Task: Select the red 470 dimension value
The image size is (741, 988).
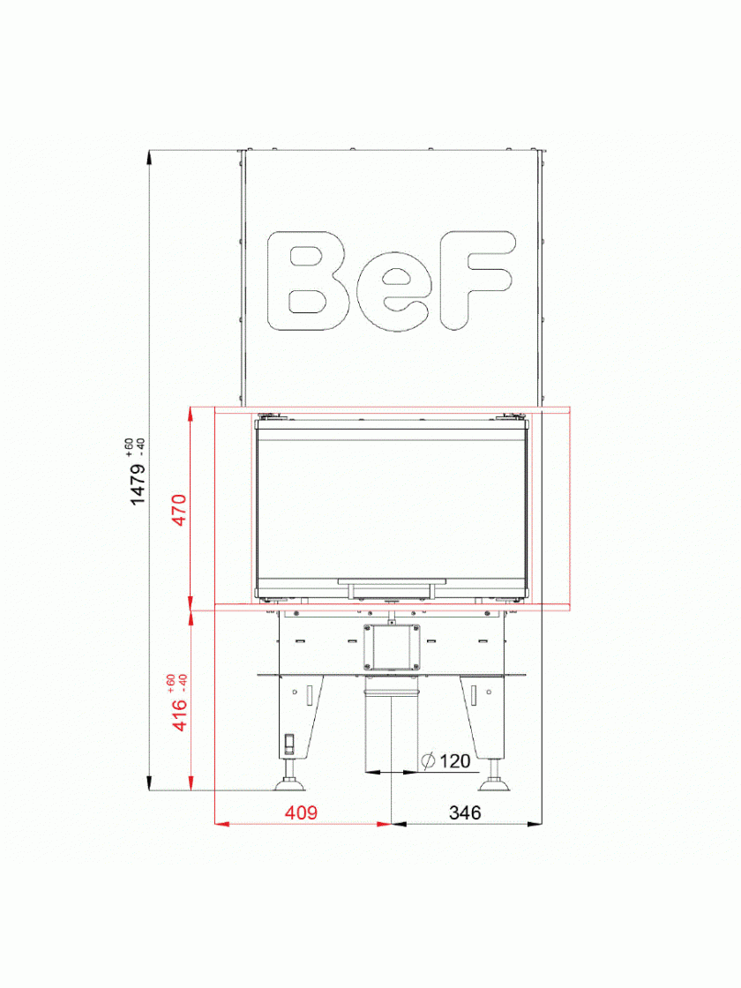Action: tap(180, 511)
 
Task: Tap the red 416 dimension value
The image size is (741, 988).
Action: tap(180, 714)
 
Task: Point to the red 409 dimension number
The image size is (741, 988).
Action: tap(301, 812)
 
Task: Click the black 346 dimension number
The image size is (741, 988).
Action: tap(465, 812)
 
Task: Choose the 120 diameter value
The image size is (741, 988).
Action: tap(455, 761)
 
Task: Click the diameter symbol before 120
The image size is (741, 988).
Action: tap(428, 761)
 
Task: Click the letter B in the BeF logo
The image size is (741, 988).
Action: tap(308, 281)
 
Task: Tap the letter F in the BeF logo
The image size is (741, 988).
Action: tap(475, 281)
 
